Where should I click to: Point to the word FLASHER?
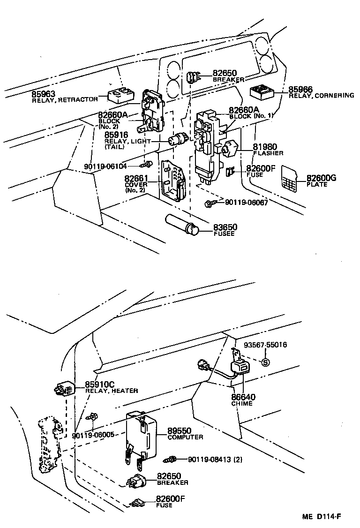click(268, 153)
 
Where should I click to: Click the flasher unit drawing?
click(229, 149)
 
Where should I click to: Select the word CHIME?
click(242, 404)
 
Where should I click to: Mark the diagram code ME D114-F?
click(322, 517)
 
